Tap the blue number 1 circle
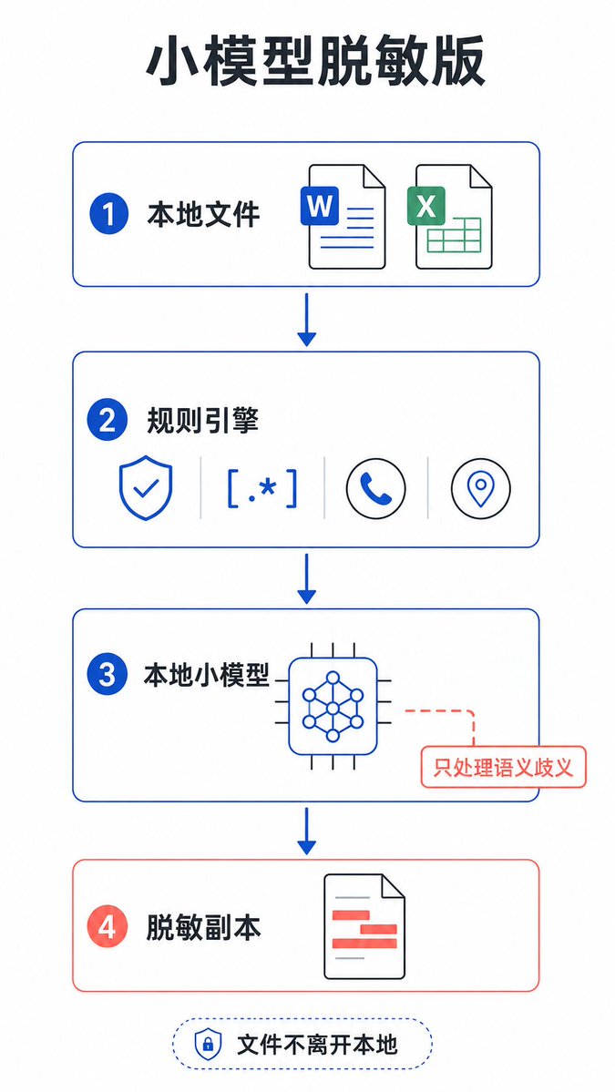coord(108,215)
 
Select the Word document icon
coord(343,216)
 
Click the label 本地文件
coord(203,215)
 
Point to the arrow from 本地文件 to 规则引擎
coord(306,320)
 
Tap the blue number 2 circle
coord(108,421)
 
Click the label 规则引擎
coord(202,421)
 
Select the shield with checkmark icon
coord(145,487)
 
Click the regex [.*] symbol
coord(261,487)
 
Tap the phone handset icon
coord(376,487)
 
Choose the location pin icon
coord(480,487)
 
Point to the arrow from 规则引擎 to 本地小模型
coord(306,578)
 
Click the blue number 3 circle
coord(108,676)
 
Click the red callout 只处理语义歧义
coord(503,767)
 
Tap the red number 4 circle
coord(108,928)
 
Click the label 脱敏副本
coord(203,928)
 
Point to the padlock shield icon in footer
coord(207,1044)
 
